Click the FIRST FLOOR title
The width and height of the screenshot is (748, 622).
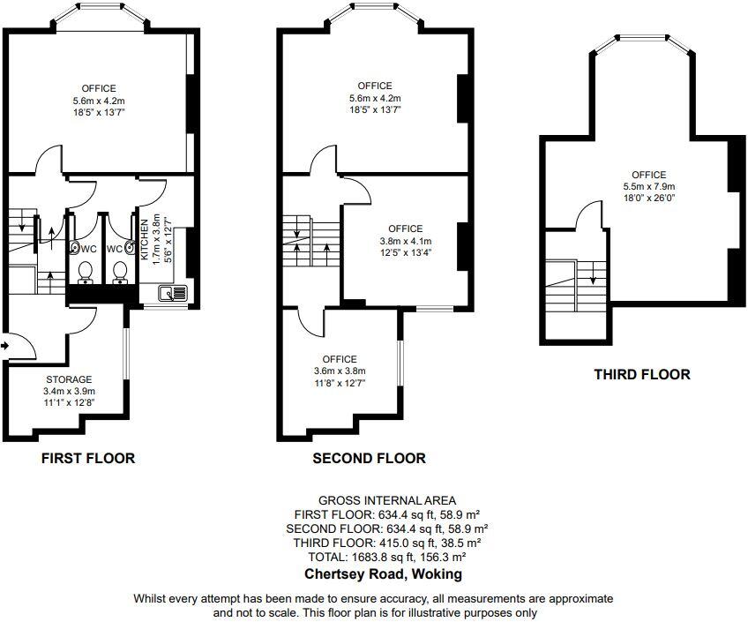(88, 458)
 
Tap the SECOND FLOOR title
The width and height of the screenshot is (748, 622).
(369, 458)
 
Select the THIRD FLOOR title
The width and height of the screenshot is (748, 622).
(641, 374)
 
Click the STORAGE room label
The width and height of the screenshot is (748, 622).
(69, 379)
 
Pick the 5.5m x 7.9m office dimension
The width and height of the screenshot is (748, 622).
(648, 187)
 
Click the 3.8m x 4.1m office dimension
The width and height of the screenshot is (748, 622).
(405, 241)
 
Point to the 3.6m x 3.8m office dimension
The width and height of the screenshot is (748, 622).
(340, 371)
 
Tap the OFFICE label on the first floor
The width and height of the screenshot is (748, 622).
(99, 88)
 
